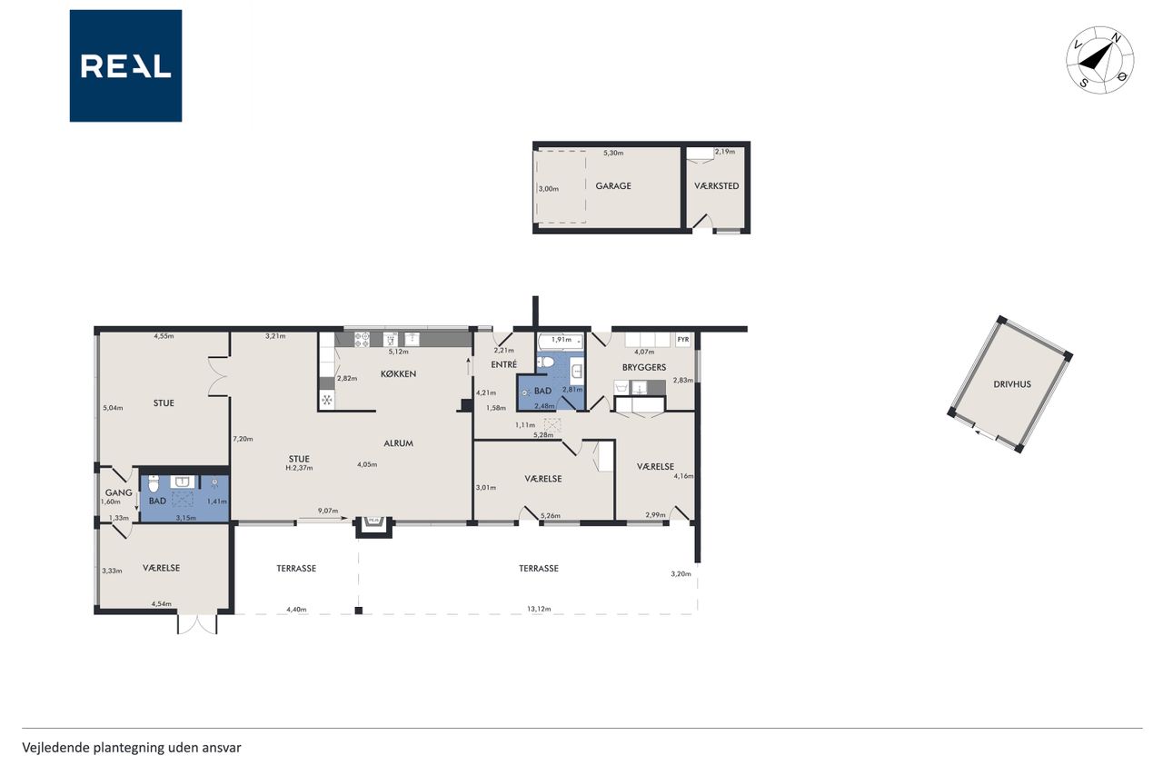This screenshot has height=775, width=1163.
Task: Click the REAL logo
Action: pyautogui.click(x=125, y=66)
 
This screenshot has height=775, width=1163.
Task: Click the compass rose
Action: pyautogui.click(x=1099, y=60)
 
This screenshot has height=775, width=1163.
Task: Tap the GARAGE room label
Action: pyautogui.click(x=613, y=186)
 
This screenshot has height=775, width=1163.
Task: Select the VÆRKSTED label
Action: pyautogui.click(x=717, y=186)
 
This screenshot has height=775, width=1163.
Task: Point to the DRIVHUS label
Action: pyautogui.click(x=1012, y=384)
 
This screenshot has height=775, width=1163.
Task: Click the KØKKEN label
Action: pyautogui.click(x=398, y=373)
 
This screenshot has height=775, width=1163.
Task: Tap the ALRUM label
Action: pyautogui.click(x=398, y=443)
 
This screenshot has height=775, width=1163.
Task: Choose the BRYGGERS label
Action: pyautogui.click(x=644, y=368)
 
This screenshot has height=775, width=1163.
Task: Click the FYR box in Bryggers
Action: pyautogui.click(x=683, y=340)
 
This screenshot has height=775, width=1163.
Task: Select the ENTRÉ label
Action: pyautogui.click(x=503, y=364)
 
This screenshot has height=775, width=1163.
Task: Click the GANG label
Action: pyautogui.click(x=118, y=492)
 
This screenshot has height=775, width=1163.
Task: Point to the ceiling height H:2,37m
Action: pyautogui.click(x=299, y=468)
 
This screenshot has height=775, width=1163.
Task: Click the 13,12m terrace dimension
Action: pyautogui.click(x=539, y=609)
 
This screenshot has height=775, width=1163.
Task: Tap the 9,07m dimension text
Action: pyautogui.click(x=328, y=511)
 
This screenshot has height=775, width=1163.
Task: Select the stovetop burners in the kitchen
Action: pyautogui.click(x=362, y=340)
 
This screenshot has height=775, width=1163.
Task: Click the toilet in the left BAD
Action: pyautogui.click(x=154, y=483)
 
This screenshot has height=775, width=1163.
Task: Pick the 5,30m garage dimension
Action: pyautogui.click(x=613, y=154)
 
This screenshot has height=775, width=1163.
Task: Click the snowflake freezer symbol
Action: pyautogui.click(x=327, y=400)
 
